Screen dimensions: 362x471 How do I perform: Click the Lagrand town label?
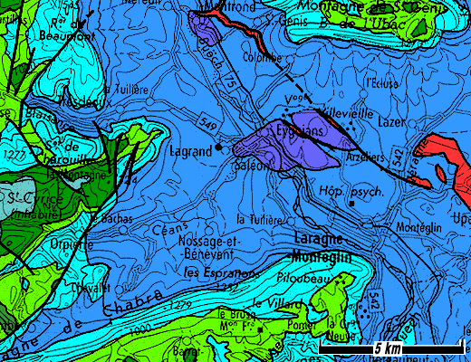click(189, 152)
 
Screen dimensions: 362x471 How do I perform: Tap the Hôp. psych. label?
click(352, 191)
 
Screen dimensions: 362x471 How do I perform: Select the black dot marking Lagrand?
click(219, 147)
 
